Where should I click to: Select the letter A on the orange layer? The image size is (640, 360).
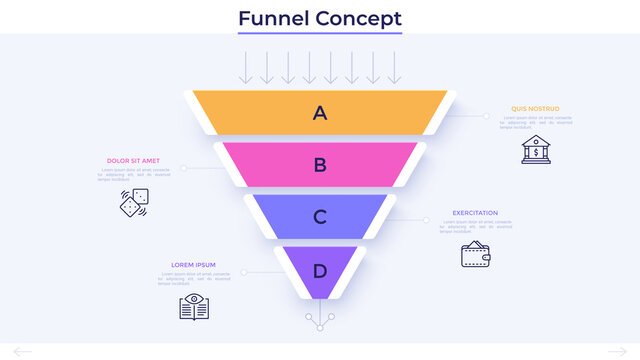point(320,113)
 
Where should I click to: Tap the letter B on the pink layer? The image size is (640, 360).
point(320,165)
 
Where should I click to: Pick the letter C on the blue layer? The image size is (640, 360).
point(320,217)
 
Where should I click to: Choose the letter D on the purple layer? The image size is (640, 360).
point(320,270)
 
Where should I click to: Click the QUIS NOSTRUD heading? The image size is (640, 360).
point(535,108)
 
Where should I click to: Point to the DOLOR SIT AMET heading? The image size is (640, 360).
point(133,160)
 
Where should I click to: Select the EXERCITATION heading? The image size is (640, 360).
point(475,212)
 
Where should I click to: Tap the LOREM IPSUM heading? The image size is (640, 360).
point(193,265)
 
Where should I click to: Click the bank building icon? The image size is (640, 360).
point(535,149)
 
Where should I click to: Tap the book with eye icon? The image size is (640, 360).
point(193,306)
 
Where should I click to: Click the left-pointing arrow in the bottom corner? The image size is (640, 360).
point(22,350)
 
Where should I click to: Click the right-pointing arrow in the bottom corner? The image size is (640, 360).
point(617,350)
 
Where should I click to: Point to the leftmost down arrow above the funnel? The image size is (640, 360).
point(243,67)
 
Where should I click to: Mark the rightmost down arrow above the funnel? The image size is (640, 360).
point(395,67)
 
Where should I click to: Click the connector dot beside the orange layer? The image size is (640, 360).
point(487,116)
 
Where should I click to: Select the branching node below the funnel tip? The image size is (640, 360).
point(320,317)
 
